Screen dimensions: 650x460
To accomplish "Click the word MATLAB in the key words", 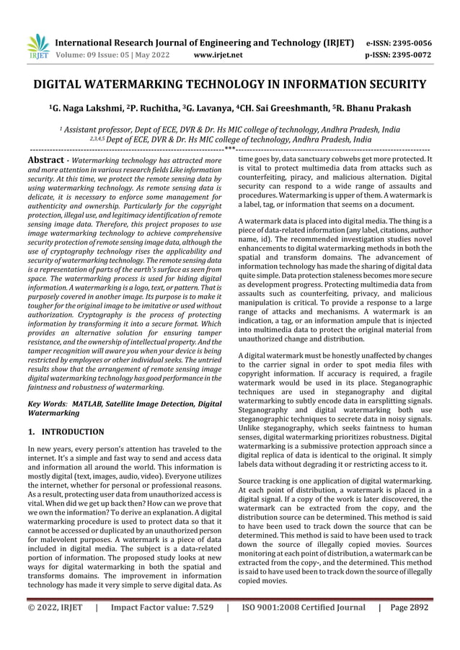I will (90, 405).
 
